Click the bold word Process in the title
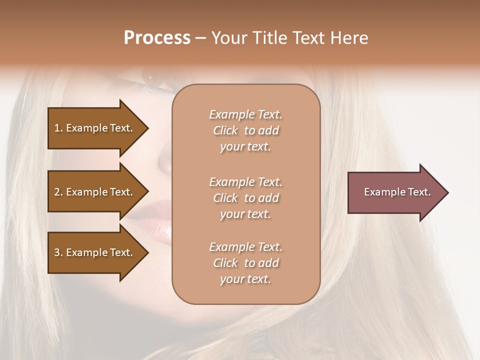[157, 38]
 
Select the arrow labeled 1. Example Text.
[95, 128]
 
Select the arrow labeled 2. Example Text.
[95, 192]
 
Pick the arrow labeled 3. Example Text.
[95, 252]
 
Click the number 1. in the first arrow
[58, 128]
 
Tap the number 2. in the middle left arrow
[58, 192]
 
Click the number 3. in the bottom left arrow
[58, 253]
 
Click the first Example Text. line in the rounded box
[245, 114]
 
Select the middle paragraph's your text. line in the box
[245, 214]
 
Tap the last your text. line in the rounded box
[245, 279]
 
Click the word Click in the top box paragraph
[225, 130]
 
